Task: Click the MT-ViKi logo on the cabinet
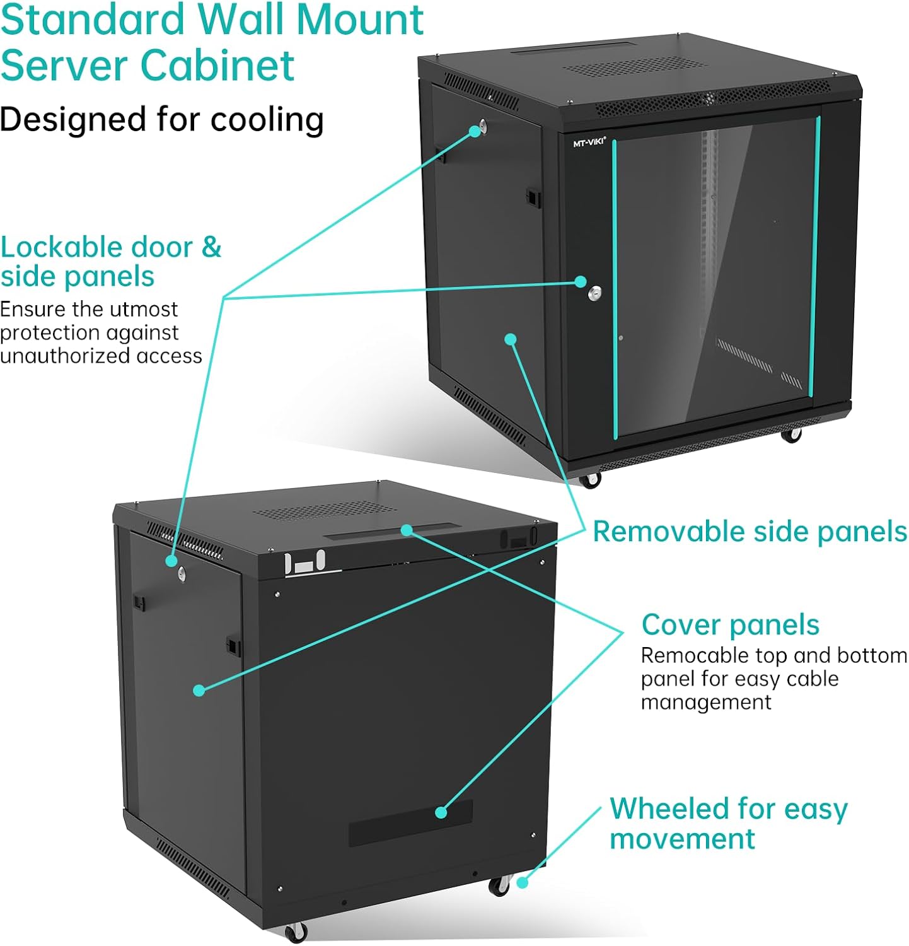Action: (589, 143)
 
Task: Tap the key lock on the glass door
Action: (594, 293)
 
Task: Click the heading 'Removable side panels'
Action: (750, 532)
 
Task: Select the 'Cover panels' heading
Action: (730, 625)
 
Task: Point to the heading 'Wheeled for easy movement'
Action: (728, 823)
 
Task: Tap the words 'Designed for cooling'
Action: (161, 119)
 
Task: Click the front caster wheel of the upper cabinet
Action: (590, 481)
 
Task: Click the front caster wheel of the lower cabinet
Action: (295, 931)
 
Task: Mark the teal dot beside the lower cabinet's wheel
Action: (522, 883)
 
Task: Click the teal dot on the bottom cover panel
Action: (441, 812)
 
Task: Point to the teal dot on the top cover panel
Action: (407, 530)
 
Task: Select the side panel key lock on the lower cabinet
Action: (182, 572)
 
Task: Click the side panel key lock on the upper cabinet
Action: (483, 126)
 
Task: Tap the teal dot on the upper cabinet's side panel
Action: (511, 339)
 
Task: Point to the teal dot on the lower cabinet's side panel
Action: (199, 691)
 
